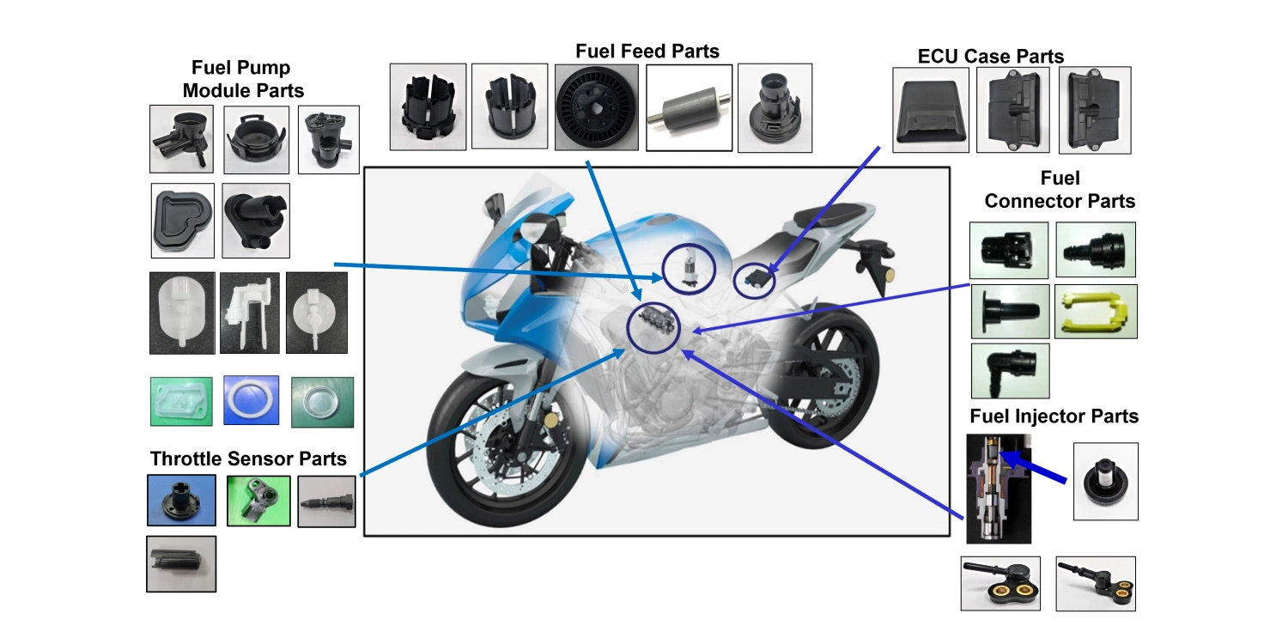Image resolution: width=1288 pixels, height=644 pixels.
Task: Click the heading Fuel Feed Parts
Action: point(647,52)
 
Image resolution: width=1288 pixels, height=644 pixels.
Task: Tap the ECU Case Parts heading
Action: point(990,57)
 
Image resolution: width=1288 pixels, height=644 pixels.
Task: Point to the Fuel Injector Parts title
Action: point(1054,416)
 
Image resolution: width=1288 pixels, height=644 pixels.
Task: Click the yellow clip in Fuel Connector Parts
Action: point(1095,311)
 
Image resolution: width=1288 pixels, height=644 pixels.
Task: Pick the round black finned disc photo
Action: point(593,107)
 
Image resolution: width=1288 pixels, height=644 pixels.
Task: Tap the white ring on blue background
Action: point(251,401)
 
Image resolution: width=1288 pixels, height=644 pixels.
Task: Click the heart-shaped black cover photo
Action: point(182,221)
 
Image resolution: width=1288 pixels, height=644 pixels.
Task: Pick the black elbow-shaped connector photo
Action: point(1009,371)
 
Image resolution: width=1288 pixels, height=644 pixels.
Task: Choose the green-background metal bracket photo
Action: point(258,501)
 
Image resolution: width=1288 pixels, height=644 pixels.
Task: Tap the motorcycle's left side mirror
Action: point(494,206)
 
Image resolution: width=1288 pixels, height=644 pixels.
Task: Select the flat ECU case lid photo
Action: point(930,111)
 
